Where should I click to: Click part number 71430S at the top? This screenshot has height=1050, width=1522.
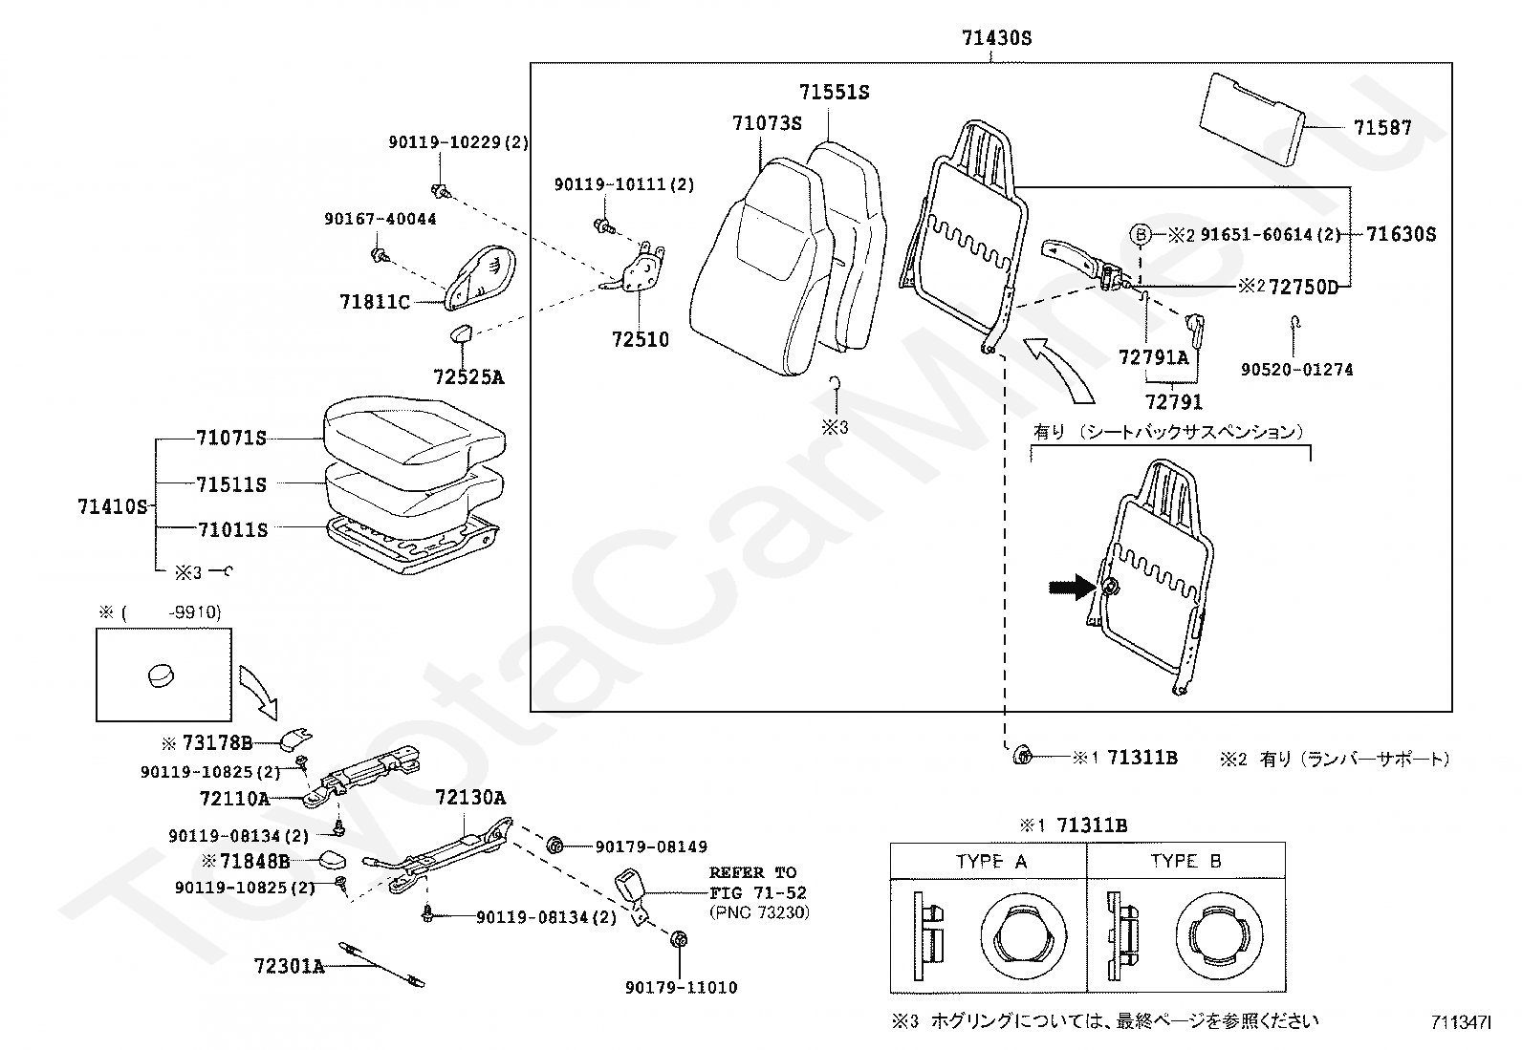(x=996, y=38)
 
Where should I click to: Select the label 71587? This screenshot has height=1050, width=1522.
(x=1382, y=128)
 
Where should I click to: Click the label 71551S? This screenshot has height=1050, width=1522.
(x=834, y=92)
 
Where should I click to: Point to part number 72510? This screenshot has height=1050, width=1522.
(x=640, y=339)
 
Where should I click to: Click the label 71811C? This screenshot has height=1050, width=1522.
(x=375, y=302)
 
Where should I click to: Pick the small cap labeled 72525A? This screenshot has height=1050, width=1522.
(x=464, y=333)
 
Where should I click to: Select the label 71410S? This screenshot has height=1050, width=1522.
(x=112, y=506)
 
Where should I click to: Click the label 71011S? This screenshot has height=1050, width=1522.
(x=232, y=529)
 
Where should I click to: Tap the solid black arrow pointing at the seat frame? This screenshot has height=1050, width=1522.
(x=1072, y=586)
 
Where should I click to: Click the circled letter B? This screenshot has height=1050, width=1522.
(x=1141, y=235)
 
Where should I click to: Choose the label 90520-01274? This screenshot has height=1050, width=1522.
(x=1296, y=370)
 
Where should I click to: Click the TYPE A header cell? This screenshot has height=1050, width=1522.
(x=989, y=861)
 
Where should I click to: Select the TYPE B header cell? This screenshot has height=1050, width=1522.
(x=1185, y=861)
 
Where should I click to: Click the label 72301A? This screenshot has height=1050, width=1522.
(x=289, y=966)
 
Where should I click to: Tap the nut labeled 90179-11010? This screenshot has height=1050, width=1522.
(x=679, y=939)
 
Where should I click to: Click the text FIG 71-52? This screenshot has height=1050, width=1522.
(x=758, y=893)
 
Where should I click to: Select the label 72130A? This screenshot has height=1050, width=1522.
(x=470, y=798)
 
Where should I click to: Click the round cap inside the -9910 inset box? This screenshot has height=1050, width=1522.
(x=161, y=675)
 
